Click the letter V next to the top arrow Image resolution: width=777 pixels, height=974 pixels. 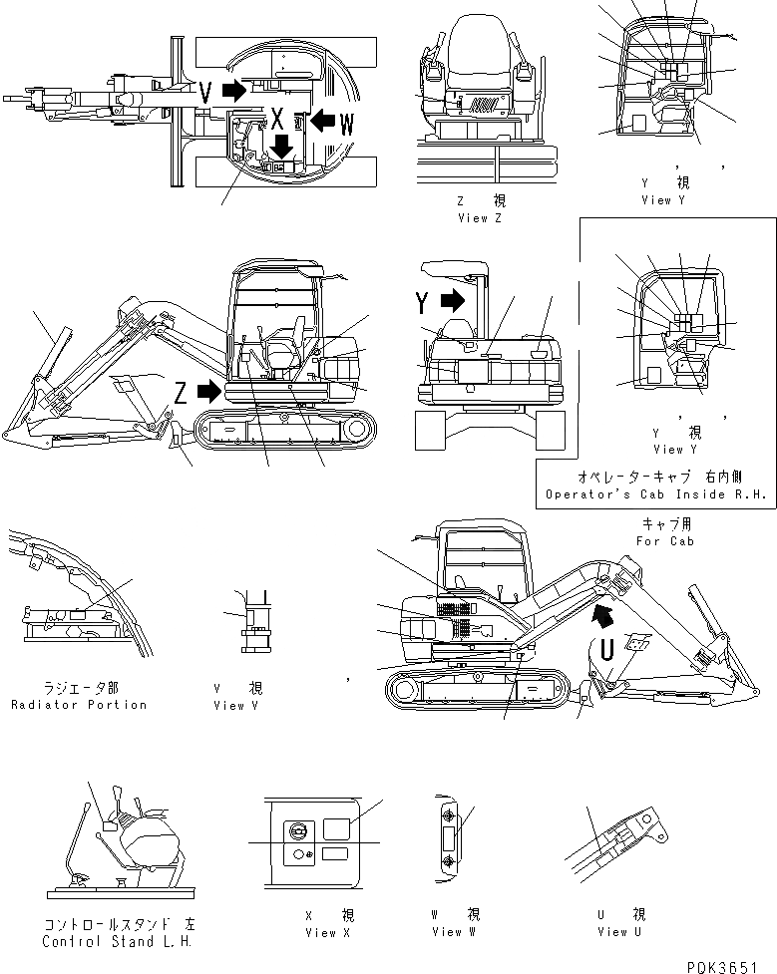pyautogui.click(x=205, y=93)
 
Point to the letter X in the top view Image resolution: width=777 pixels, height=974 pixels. pyautogui.click(x=278, y=120)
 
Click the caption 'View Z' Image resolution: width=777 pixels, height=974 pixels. pyautogui.click(x=478, y=218)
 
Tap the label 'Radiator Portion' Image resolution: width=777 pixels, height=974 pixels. pyautogui.click(x=79, y=705)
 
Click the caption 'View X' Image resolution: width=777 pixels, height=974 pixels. pyautogui.click(x=328, y=932)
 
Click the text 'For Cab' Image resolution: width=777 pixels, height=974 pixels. pyautogui.click(x=661, y=541)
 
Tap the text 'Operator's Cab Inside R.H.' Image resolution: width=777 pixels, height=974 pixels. pyautogui.click(x=656, y=494)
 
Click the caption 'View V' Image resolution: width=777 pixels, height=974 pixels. pyautogui.click(x=236, y=705)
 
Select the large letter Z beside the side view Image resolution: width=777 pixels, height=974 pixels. pyautogui.click(x=181, y=393)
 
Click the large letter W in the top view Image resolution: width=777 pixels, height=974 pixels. pyautogui.click(x=346, y=124)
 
